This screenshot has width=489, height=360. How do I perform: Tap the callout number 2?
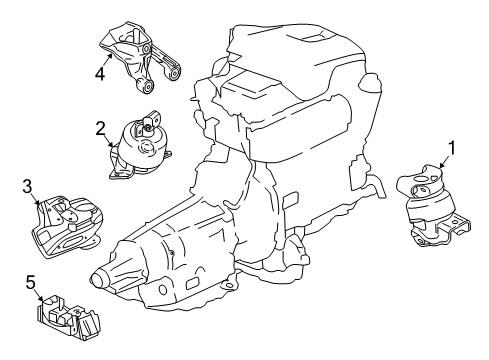click(x=101, y=127)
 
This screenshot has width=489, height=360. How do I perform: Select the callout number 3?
click(x=27, y=185)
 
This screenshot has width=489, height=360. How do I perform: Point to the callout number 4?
click(x=100, y=71)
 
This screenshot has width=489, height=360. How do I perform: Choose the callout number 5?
click(x=30, y=283)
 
